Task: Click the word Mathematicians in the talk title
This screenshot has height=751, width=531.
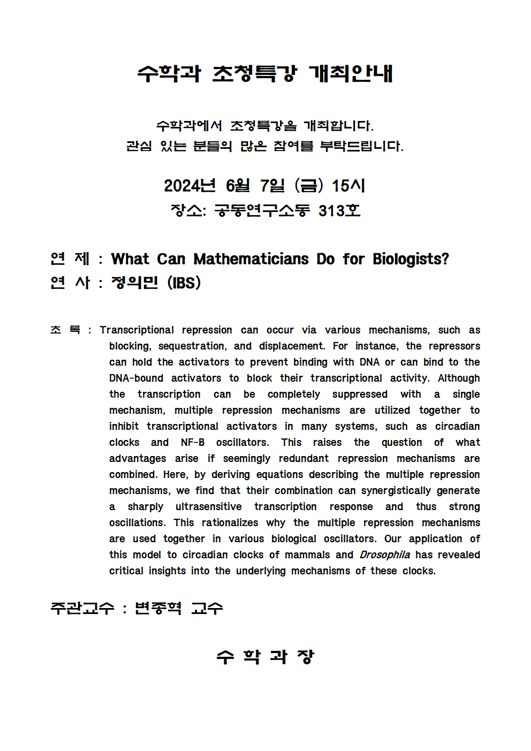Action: [x=251, y=259]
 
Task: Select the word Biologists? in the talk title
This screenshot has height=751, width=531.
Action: [x=411, y=259]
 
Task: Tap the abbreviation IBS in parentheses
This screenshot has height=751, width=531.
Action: [x=184, y=283]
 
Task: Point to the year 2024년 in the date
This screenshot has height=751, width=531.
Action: [x=189, y=186]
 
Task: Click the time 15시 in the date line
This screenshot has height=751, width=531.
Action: [x=348, y=186]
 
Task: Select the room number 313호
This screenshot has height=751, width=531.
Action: [x=339, y=210]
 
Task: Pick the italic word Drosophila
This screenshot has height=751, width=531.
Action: [x=384, y=555]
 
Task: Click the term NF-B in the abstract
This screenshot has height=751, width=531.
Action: [x=193, y=442]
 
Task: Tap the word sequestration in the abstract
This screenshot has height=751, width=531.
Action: [x=192, y=346]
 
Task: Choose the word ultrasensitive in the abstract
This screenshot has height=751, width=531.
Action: [x=208, y=506]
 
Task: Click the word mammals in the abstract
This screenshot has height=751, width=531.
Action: [x=307, y=555]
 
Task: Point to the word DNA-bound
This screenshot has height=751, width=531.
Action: [x=136, y=378]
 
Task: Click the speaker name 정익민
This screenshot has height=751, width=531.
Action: [x=134, y=283]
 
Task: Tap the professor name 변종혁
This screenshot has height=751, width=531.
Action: [x=158, y=608]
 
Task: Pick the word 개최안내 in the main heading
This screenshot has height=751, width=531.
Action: [x=351, y=73]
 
